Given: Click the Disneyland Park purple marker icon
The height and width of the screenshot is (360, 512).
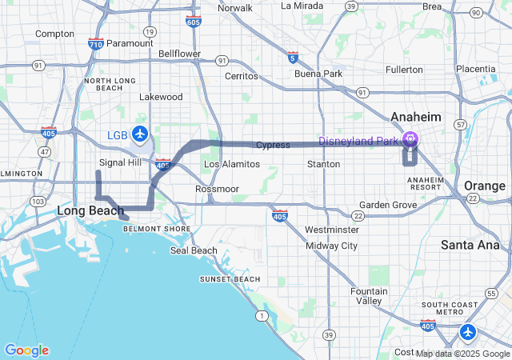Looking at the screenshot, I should pos(410,138).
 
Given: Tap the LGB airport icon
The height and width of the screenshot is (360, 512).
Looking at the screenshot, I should pos(141,133).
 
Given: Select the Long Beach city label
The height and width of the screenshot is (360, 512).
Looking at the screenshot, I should pos(90,210).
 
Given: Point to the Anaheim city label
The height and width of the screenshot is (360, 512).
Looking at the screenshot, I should pos(415,117).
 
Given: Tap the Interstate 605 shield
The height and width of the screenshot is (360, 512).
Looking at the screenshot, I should pos(193,22).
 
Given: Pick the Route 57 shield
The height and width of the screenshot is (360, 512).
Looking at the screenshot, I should pos(460,126).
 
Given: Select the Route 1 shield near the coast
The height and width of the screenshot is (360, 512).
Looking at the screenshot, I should pos(262,317).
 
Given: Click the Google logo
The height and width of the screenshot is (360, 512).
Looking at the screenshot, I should pos(26,350).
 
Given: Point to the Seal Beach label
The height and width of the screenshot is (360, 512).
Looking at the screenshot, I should pos(194,250).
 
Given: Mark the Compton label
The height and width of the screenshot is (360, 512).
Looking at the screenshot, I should pos(54,34).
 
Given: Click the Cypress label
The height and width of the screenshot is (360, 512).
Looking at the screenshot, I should pos(273,145).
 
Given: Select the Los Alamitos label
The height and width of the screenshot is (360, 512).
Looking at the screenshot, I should pos(232,164).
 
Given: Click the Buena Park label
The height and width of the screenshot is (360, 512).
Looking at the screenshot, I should pos(318,74).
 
